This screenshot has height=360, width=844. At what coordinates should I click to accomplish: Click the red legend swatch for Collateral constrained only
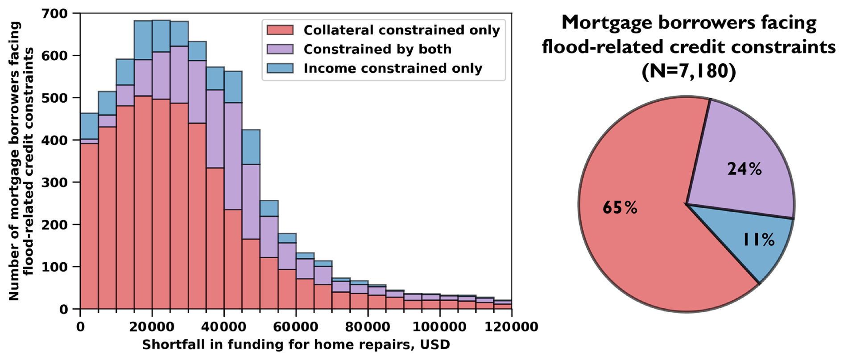[280, 30]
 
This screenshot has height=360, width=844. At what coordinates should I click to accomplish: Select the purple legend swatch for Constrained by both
[280, 49]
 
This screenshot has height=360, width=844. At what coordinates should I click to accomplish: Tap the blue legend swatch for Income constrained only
[280, 68]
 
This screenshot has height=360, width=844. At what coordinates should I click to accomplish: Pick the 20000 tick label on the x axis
[152, 327]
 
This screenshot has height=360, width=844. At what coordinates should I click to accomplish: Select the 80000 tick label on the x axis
[368, 327]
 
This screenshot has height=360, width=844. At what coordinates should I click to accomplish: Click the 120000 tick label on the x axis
[511, 327]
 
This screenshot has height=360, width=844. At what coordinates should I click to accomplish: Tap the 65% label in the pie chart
[620, 207]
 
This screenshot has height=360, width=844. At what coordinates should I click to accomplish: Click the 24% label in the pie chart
[745, 169]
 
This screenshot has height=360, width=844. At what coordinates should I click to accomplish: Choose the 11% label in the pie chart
[758, 240]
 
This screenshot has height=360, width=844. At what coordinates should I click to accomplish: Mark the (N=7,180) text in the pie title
[688, 71]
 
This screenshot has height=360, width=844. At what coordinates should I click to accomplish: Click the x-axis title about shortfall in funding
[296, 345]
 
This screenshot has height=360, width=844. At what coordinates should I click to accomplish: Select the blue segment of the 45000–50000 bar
[251, 147]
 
